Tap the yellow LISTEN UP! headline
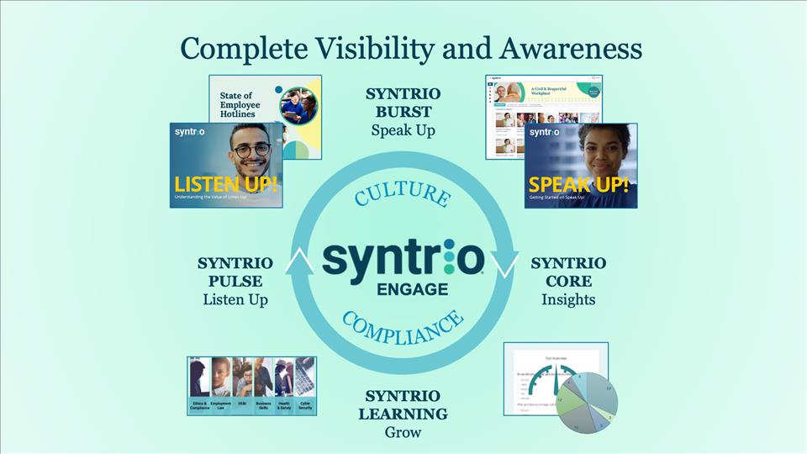[225, 183]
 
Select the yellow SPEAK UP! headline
[578, 184]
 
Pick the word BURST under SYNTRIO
[403, 112]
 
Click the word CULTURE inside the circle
[402, 194]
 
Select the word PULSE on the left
[235, 281]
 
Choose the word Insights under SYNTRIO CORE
[568, 299]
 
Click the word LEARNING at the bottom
[403, 414]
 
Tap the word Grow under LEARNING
[403, 433]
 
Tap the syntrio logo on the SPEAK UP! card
[544, 132]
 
